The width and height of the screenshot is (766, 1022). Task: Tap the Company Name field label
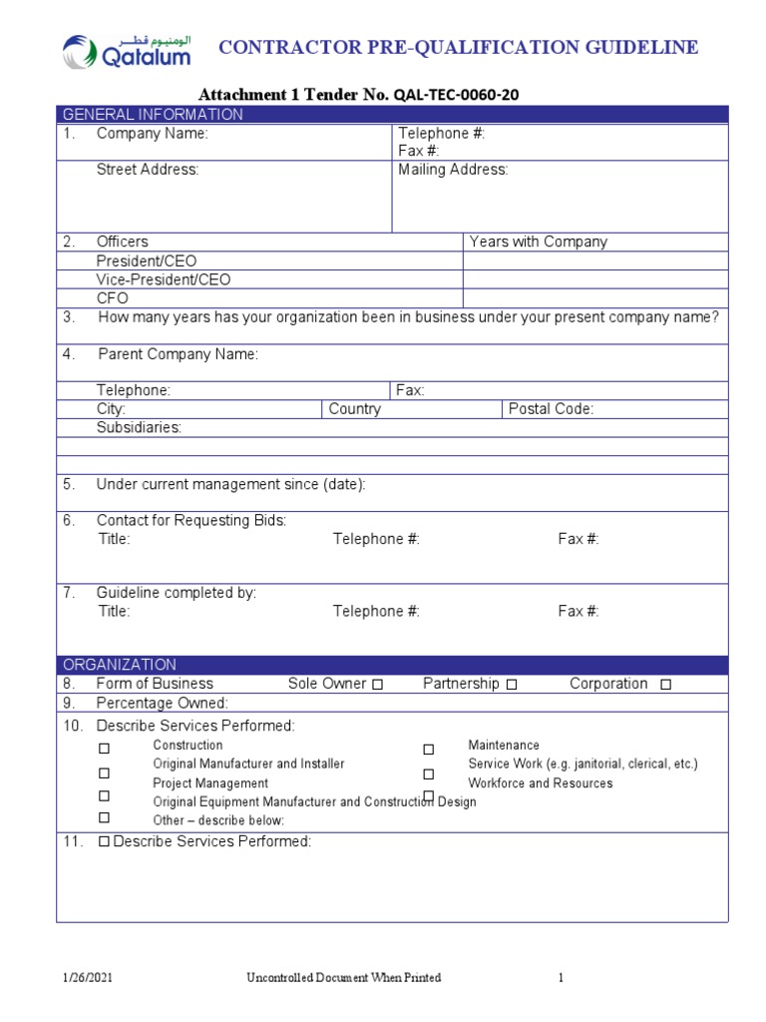click(x=152, y=134)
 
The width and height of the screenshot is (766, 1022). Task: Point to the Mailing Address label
click(x=453, y=170)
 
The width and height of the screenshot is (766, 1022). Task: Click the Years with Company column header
click(x=538, y=242)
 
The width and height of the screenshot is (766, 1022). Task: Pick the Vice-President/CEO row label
click(x=163, y=279)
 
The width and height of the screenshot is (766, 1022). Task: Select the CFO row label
click(x=112, y=298)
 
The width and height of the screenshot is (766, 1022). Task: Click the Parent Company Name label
click(x=178, y=354)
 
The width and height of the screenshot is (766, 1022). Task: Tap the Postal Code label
click(x=551, y=409)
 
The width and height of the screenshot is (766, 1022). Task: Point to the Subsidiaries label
click(x=139, y=427)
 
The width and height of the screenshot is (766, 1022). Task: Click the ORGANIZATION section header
click(x=120, y=664)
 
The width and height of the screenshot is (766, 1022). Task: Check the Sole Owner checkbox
click(x=377, y=685)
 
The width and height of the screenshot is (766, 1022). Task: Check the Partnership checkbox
click(x=512, y=685)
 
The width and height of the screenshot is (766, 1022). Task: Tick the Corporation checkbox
click(x=666, y=685)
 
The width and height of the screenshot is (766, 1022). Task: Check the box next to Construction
click(x=104, y=749)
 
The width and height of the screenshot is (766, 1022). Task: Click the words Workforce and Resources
click(x=540, y=783)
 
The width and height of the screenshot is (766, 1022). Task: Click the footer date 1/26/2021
click(x=91, y=978)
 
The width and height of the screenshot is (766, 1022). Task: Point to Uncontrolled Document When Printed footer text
click(x=343, y=978)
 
